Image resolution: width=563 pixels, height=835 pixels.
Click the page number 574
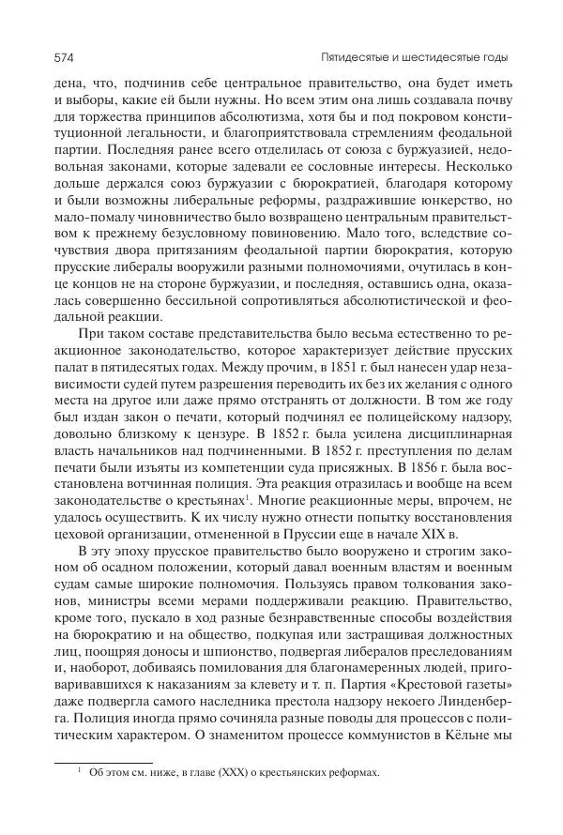pyautogui.click(x=64, y=58)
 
